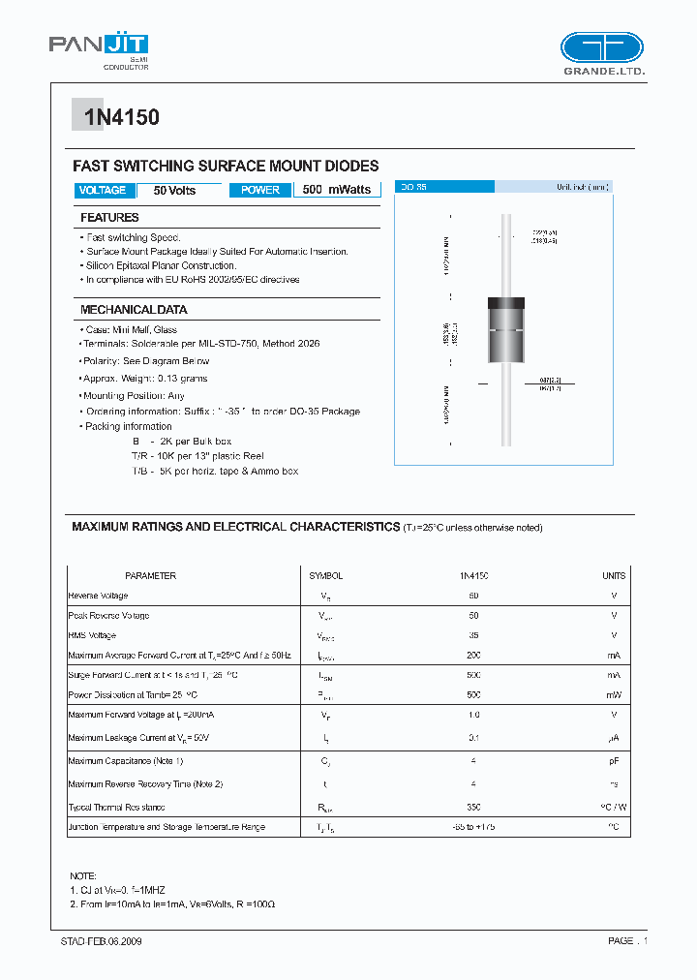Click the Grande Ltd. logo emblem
click(x=601, y=48)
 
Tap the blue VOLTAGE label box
click(x=103, y=191)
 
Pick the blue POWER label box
click(x=260, y=191)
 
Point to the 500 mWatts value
click(x=337, y=191)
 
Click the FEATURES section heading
click(x=109, y=218)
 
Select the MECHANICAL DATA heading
click(x=134, y=310)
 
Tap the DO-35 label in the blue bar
click(x=413, y=187)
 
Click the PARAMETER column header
click(x=151, y=576)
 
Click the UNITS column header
click(x=614, y=576)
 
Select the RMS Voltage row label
click(x=92, y=635)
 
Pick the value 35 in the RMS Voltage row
click(x=473, y=635)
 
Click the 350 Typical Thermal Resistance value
click(x=473, y=807)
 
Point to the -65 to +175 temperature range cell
click(x=473, y=827)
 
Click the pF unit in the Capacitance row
click(x=614, y=762)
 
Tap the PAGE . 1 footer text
click(x=627, y=941)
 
